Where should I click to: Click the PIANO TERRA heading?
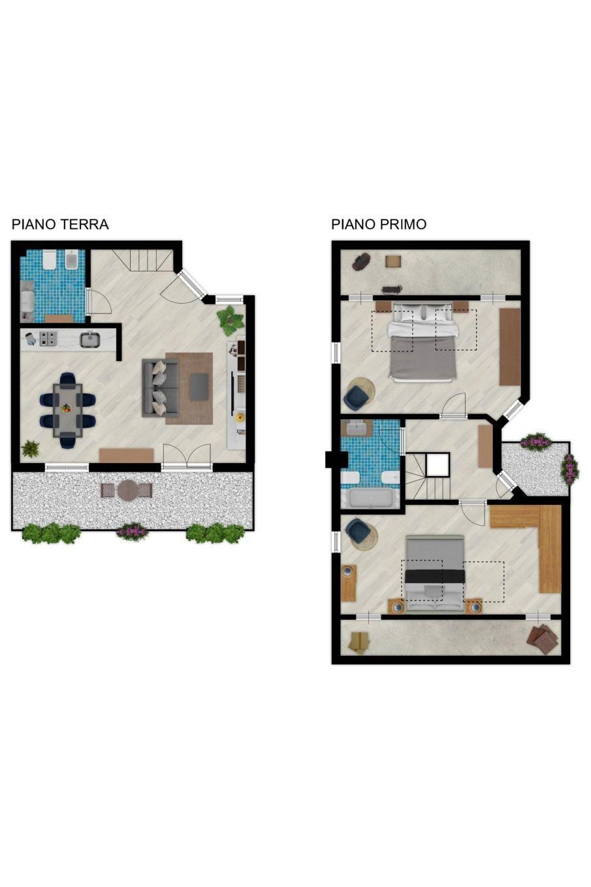pos(60,224)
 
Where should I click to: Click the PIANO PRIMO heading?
pos(378,224)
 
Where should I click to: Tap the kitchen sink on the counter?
pos(89,340)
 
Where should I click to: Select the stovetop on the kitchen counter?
pos(48,339)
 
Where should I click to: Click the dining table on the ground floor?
pos(68,410)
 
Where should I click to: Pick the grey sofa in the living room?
pos(159,388)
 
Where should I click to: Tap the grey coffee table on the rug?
pos(199,387)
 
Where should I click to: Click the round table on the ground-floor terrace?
pos(127,491)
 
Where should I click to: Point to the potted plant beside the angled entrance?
pos(230,319)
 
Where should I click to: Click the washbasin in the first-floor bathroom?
pos(357,428)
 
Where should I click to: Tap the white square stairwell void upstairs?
pos(438,465)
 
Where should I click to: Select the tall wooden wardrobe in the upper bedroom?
pos(509,346)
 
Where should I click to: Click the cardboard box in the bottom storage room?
pos(359,642)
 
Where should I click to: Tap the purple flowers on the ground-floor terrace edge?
pos(132,531)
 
